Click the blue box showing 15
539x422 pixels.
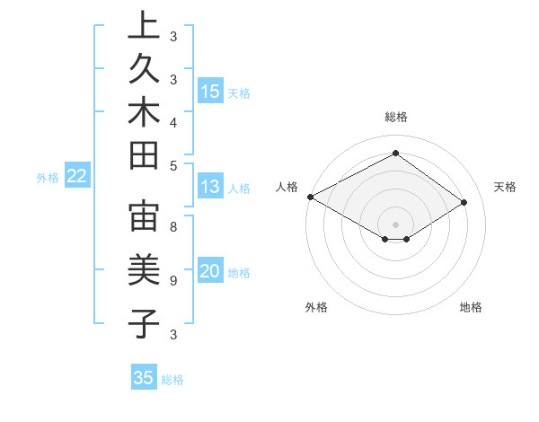[x=210, y=91]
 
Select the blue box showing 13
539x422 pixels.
[x=210, y=187]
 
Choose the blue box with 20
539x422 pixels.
[x=210, y=271]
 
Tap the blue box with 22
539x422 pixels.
[x=77, y=176]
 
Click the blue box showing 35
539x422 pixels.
[x=144, y=377]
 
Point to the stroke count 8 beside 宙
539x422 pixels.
[x=173, y=227]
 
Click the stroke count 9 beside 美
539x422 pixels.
[x=173, y=280]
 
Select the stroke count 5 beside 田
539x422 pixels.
[x=173, y=165]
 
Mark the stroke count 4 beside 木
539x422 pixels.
[x=173, y=121]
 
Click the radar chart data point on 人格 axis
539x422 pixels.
[x=310, y=196]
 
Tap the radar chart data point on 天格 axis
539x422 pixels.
[x=464, y=203]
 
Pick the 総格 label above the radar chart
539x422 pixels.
[x=395, y=117]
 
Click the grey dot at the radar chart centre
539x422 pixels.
[x=395, y=224]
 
